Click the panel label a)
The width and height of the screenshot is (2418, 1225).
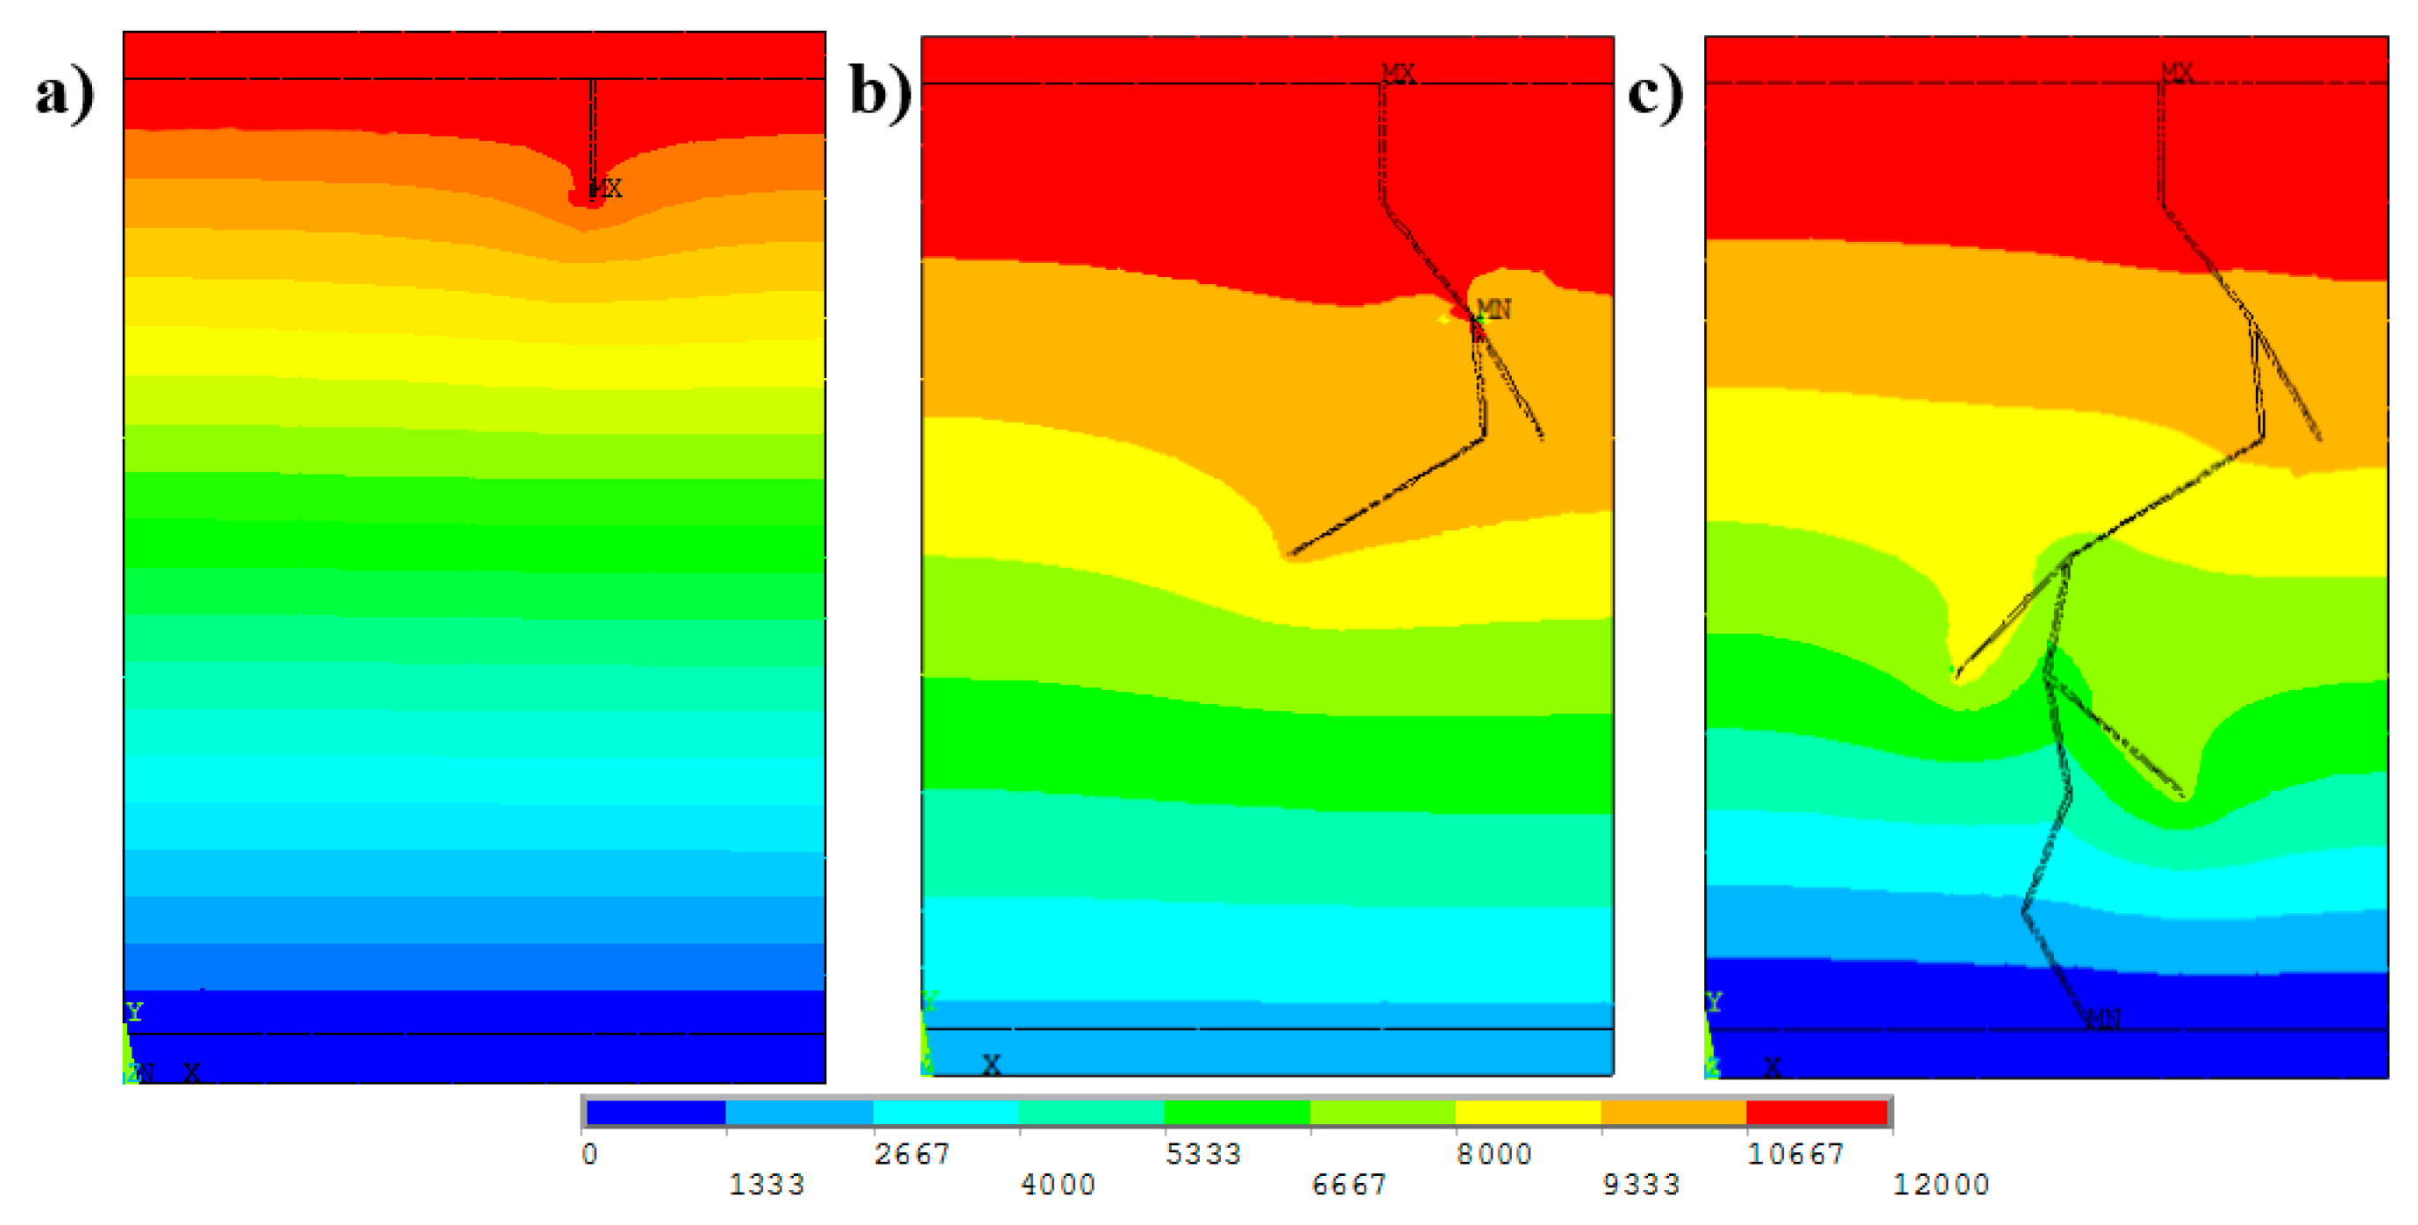[65, 94]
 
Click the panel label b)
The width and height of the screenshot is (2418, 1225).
[881, 94]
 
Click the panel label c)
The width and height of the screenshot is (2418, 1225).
[1655, 94]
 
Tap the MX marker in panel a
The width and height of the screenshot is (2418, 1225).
[606, 188]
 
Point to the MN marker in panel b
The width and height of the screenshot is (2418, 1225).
[1493, 309]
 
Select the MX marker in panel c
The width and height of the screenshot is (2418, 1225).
[2177, 72]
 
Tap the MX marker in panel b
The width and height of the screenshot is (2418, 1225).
[1398, 73]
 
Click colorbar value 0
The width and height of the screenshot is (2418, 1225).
[588, 1154]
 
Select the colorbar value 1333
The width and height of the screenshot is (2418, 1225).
[767, 1185]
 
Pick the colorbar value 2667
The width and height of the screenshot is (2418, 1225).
[911, 1154]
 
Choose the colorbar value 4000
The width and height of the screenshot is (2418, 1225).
[1058, 1185]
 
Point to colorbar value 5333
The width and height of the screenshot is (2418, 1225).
[1203, 1154]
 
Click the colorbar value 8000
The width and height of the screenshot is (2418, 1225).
[1494, 1154]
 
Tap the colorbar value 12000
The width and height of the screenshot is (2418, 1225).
[1941, 1185]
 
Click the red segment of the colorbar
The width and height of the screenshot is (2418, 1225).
[1817, 1113]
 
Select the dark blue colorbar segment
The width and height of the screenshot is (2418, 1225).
[656, 1113]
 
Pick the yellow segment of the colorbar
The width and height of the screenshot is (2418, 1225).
[1527, 1113]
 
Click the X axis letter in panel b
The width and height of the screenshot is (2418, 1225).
[991, 1065]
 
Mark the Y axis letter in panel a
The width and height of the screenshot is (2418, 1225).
[134, 1011]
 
